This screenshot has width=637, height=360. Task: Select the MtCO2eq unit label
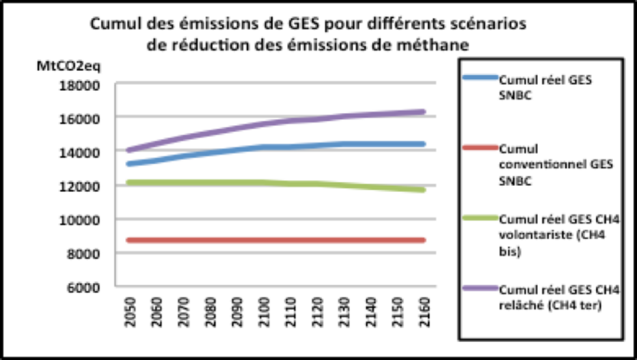[x=68, y=66]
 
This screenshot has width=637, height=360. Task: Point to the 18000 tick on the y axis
[x=79, y=86]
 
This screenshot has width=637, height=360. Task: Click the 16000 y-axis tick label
[x=79, y=119]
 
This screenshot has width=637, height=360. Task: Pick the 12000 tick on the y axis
[x=79, y=187]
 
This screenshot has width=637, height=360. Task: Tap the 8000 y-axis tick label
[x=83, y=254]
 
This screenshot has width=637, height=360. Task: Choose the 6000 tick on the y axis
[x=83, y=288]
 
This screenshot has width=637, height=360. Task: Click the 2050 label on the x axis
[x=130, y=312]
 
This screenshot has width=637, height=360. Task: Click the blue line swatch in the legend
[x=480, y=77]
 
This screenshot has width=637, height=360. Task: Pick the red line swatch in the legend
[x=480, y=148]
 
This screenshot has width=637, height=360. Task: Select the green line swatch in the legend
[x=480, y=218]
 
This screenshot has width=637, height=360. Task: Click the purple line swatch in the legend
[x=480, y=288]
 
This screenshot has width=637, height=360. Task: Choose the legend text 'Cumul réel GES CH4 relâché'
[x=559, y=297]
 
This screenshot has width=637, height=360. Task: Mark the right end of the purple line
[x=423, y=112]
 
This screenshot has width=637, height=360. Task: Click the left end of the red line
[x=129, y=240]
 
